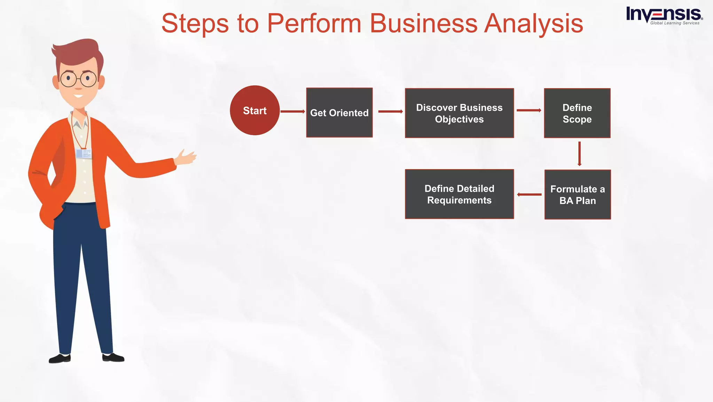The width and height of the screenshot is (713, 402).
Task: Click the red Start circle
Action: pyautogui.click(x=254, y=110)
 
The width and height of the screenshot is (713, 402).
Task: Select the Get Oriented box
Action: pyautogui.click(x=339, y=112)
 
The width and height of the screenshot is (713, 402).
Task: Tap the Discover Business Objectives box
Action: pyautogui.click(x=459, y=113)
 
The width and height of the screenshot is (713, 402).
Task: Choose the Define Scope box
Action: pyautogui.click(x=577, y=113)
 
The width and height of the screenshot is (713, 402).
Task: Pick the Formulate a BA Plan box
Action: pyautogui.click(x=578, y=195)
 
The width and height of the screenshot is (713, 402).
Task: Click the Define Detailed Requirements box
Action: pyautogui.click(x=459, y=194)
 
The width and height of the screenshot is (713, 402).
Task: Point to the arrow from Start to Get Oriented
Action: pyautogui.click(x=292, y=111)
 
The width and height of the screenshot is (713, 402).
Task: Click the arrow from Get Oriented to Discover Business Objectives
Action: pyautogui.click(x=390, y=111)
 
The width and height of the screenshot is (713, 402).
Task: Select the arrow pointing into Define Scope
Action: pyautogui.click(x=528, y=110)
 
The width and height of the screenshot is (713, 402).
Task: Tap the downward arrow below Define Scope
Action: pyautogui.click(x=579, y=153)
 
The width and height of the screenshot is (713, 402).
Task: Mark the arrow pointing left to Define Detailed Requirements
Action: pyautogui.click(x=529, y=195)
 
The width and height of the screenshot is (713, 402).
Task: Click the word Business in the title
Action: pyautogui.click(x=423, y=24)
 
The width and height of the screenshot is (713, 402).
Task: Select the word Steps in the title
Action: pyautogui.click(x=195, y=24)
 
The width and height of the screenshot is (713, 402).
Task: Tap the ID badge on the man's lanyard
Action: pyautogui.click(x=84, y=153)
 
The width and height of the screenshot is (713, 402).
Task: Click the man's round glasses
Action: pyautogui.click(x=78, y=79)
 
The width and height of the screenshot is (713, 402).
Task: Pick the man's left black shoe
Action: pyautogui.click(x=60, y=358)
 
